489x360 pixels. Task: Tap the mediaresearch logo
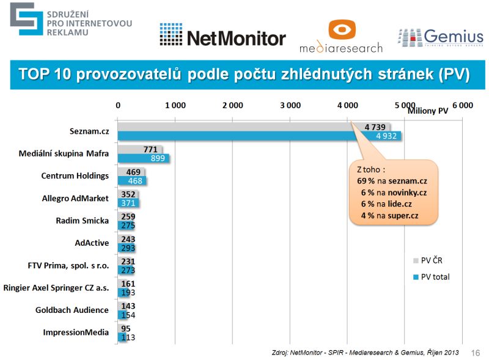coord(340,37)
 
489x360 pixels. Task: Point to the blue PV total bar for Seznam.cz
coord(259,136)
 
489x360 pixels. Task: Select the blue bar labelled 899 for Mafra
coord(144,158)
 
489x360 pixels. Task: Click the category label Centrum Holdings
coord(75,176)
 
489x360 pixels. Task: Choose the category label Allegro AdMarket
coord(75,198)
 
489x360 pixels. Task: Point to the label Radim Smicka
coord(82,221)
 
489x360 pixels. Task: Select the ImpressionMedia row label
coord(76,332)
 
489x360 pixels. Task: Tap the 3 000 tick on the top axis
coord(290,105)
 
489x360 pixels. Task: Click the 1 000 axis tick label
coord(175,105)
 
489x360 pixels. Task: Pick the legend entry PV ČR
coord(432,260)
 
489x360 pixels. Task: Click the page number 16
coord(476,353)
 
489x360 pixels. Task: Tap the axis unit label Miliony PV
coord(428,111)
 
